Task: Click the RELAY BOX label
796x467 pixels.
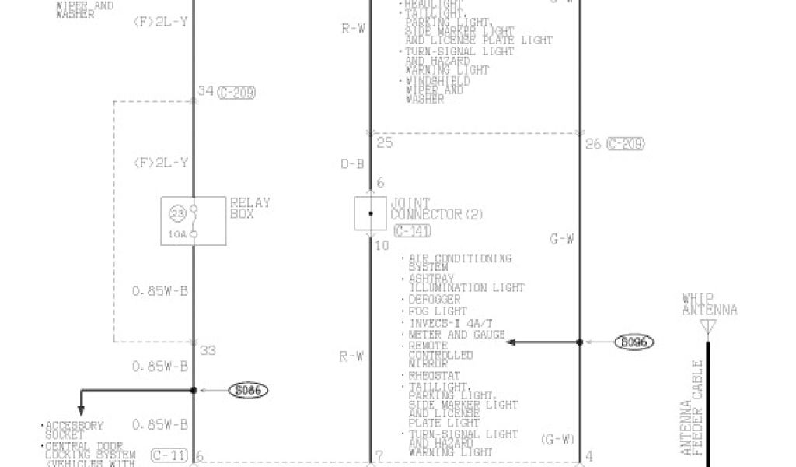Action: tap(250, 208)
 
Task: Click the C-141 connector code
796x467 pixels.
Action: tap(417, 231)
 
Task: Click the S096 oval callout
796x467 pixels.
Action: tap(634, 342)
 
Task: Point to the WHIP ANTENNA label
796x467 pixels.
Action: tap(709, 304)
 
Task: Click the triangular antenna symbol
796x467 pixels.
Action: tap(708, 330)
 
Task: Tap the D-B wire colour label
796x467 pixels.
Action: tap(351, 163)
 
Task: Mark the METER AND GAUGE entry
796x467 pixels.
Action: tap(456, 335)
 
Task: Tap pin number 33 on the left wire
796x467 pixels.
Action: tap(208, 350)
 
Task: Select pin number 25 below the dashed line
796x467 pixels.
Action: tap(384, 142)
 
